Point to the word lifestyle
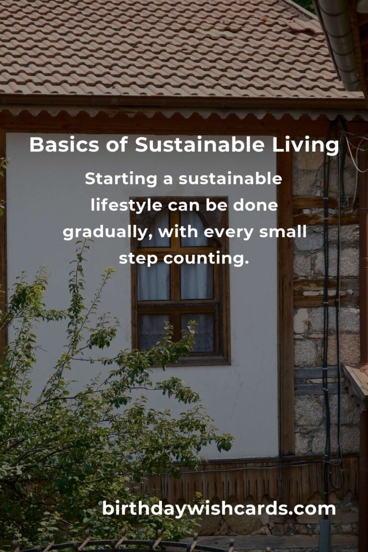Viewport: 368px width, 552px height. click(127, 206)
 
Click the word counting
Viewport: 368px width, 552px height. click(206, 259)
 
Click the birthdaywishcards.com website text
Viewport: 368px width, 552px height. click(219, 509)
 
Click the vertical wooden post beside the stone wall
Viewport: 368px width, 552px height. click(285, 303)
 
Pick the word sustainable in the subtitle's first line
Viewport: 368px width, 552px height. click(230, 179)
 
